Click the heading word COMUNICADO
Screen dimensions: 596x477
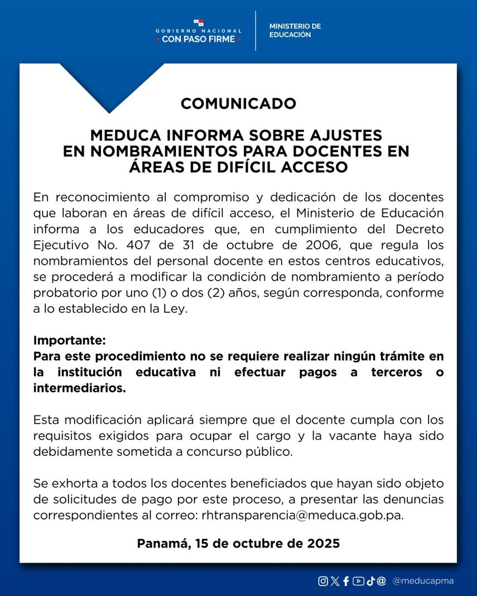[x=238, y=104]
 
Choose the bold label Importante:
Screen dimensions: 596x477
[x=69, y=340]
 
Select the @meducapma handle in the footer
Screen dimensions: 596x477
[x=423, y=581]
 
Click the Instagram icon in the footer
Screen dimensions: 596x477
[x=323, y=581]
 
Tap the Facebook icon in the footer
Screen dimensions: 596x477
[x=346, y=581]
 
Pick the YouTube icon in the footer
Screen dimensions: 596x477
[x=358, y=581]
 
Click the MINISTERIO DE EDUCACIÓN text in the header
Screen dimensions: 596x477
[x=295, y=31]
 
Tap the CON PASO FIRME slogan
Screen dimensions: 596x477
[x=199, y=40]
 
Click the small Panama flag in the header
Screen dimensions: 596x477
[x=199, y=23]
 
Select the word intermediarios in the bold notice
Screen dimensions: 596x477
[x=79, y=389]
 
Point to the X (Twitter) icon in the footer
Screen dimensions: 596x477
[x=335, y=581]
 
